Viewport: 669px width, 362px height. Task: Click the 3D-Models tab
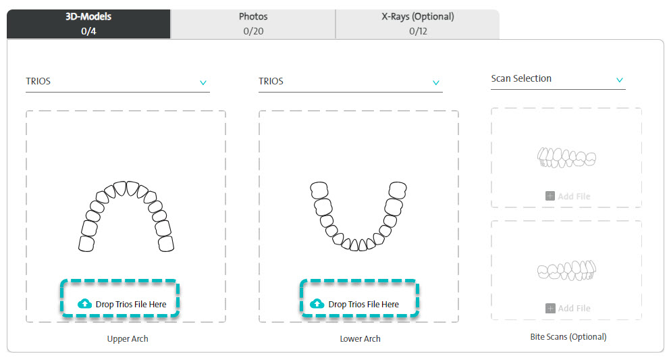pos(88,24)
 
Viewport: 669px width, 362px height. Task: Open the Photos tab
pos(253,24)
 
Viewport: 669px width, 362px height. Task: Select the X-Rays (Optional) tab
pos(418,24)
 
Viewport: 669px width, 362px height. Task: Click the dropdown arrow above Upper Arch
pos(203,83)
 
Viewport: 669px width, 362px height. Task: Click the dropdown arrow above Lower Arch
pos(435,83)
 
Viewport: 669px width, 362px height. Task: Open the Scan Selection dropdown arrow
pos(620,80)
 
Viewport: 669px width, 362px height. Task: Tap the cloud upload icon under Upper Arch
pos(84,303)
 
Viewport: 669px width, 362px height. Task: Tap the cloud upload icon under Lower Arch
pos(317,303)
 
